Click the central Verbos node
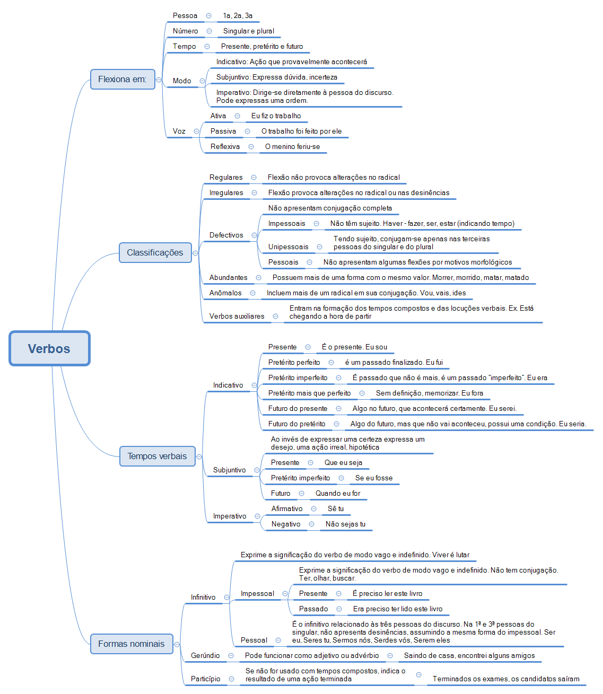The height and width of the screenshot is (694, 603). pos(49,348)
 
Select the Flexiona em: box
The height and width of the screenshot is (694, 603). pos(123,79)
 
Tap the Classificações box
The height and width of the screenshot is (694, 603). pos(155,252)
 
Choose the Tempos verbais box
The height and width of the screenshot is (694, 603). pos(157,456)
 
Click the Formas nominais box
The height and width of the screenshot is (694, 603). pos(131,644)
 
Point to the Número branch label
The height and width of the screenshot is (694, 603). pos(185,31)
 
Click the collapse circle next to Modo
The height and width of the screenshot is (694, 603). pos(202,81)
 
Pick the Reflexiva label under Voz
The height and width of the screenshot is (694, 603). pos(225,146)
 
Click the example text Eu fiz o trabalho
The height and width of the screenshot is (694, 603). pos(276,116)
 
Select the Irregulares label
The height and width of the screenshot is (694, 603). pos(226,192)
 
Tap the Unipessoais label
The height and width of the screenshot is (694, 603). pos(288,247)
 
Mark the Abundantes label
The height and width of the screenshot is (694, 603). pos(228,277)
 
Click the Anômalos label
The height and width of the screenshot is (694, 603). pos(225,293)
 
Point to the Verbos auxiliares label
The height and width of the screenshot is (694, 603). pos(237,316)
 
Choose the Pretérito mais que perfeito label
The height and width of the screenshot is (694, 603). pos(309,393)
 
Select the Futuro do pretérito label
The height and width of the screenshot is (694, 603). pos(296,424)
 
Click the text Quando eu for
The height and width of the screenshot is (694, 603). pos(337,493)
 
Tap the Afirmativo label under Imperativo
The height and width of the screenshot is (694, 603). pos(287,508)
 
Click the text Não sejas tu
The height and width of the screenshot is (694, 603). pos(345,524)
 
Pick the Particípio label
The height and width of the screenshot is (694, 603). pos(205,679)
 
